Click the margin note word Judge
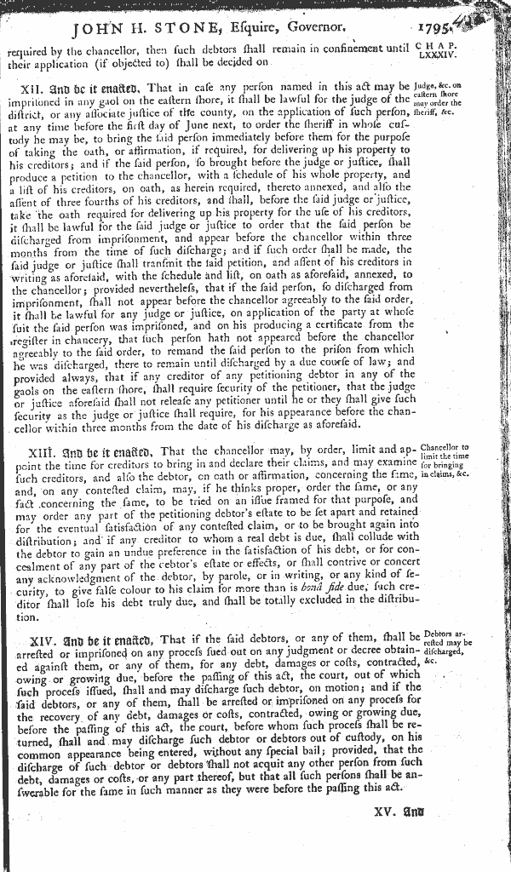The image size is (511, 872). [x=426, y=85]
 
